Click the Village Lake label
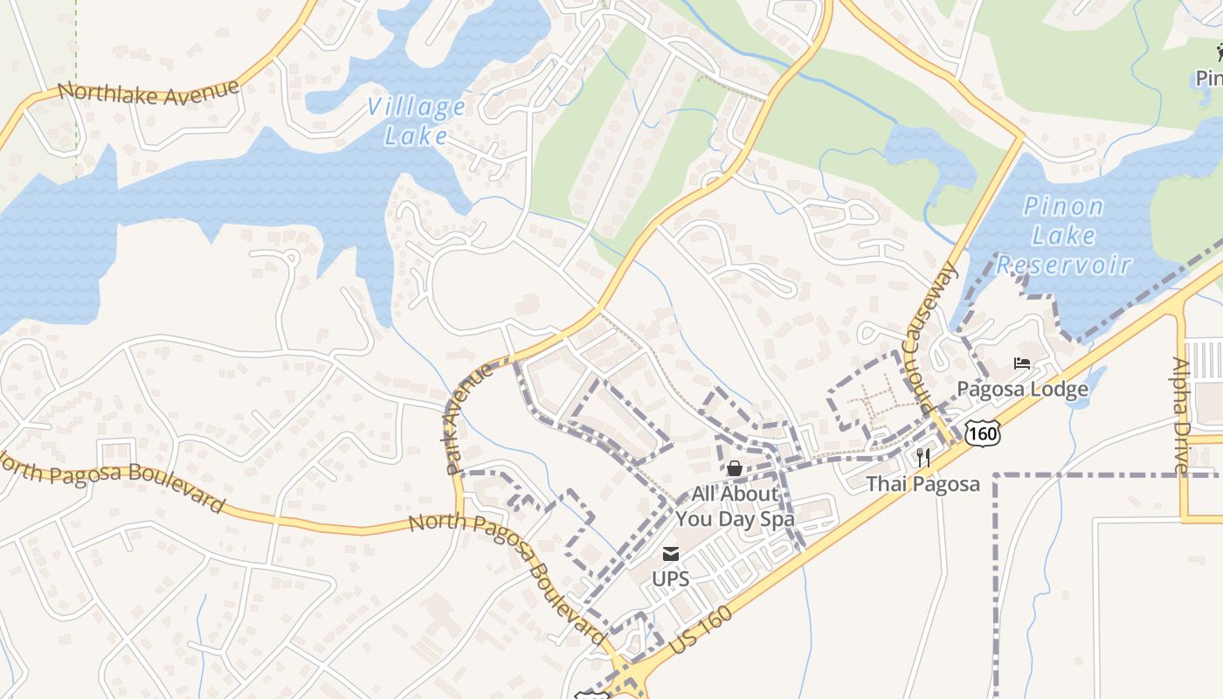416,121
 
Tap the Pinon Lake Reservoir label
1063,236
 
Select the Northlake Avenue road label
148,92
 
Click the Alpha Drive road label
1181,415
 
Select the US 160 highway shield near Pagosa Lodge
983,432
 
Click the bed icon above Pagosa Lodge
1022,363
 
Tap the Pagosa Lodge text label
1022,389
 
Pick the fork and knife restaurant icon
922,457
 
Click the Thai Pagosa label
922,483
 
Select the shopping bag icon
735,469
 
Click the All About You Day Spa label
735,506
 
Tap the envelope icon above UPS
671,553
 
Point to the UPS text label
671,578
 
